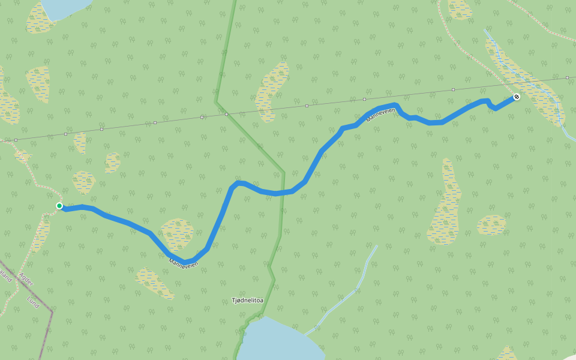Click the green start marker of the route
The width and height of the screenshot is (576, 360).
click(59, 206)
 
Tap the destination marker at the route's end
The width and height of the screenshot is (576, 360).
click(517, 97)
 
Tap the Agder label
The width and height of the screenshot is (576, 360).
click(27, 278)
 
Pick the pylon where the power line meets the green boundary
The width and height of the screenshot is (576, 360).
click(226, 113)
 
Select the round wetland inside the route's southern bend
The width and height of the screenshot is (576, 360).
click(177, 234)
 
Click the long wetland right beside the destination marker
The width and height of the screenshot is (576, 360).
click(528, 84)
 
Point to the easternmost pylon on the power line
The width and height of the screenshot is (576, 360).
click(567, 77)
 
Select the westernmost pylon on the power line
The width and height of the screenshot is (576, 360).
click(16, 140)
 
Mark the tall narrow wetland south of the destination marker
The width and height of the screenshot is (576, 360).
click(446, 204)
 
